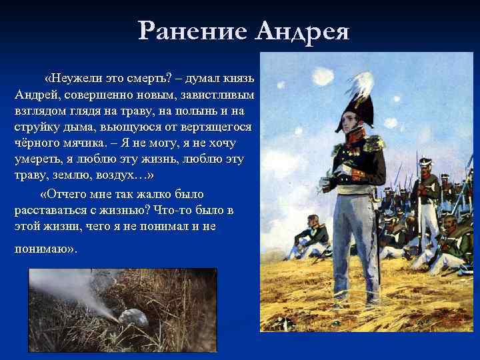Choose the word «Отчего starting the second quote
(x=68, y=194)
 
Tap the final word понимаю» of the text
(x=44, y=249)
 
